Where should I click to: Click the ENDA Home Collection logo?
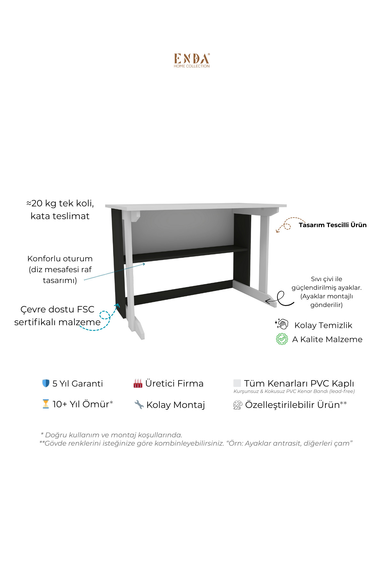pyautogui.click(x=192, y=60)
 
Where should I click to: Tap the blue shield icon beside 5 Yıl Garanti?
pyautogui.click(x=46, y=383)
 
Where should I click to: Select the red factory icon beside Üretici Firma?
pyautogui.click(x=138, y=383)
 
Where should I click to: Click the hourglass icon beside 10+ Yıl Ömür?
pyautogui.click(x=46, y=404)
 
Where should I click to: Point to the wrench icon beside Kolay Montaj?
pyautogui.click(x=139, y=404)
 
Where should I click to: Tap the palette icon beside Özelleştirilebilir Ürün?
pyautogui.click(x=237, y=405)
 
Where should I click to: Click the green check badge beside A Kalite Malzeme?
pyautogui.click(x=282, y=339)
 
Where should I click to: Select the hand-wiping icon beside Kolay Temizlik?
pyautogui.click(x=282, y=324)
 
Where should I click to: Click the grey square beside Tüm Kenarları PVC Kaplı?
pyautogui.click(x=237, y=383)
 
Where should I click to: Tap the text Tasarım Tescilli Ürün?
pyautogui.click(x=332, y=225)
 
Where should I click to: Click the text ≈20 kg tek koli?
pyautogui.click(x=60, y=203)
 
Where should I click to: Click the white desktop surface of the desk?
pyautogui.click(x=196, y=206)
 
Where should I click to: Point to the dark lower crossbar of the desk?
pyautogui.click(x=182, y=292)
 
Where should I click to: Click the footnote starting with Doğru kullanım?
pyautogui.click(x=111, y=435)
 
